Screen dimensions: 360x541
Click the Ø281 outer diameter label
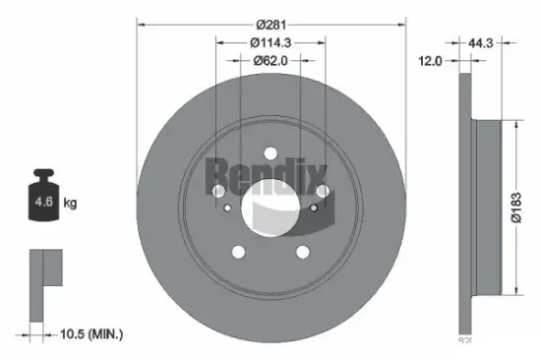pos(270,25)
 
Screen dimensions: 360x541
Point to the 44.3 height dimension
pos(480,43)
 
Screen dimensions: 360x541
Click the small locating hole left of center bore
pos(228,208)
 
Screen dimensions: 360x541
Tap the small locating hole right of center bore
pos(315,208)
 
